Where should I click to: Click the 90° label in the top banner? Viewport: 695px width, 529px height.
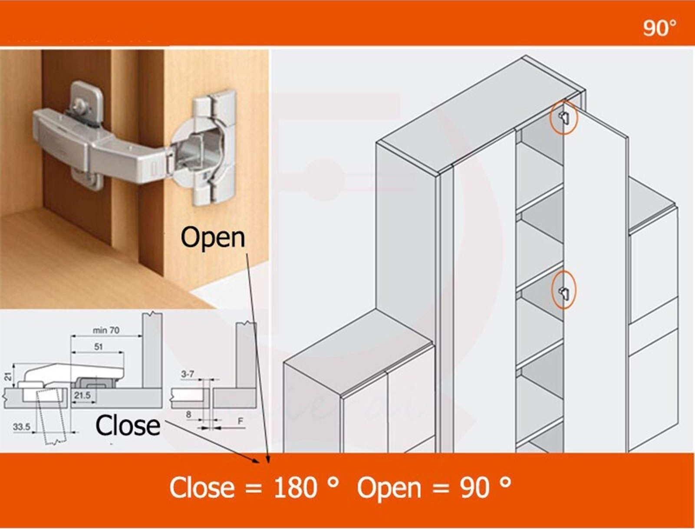coord(659,28)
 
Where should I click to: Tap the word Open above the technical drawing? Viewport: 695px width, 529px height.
coord(213,238)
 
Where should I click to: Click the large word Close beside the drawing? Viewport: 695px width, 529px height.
coord(128,425)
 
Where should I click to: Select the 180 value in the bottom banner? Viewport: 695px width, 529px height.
coord(295,487)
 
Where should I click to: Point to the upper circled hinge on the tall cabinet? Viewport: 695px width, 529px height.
coord(563,117)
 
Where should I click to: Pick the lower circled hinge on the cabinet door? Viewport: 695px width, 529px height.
coord(564,290)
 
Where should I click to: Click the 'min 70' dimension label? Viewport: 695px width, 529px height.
coord(106,330)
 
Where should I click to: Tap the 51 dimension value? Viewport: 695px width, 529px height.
coord(98,346)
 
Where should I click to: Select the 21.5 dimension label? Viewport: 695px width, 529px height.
coord(82,395)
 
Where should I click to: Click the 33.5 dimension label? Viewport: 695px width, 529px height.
coord(21,427)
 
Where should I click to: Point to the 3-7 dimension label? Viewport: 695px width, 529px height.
coord(188,374)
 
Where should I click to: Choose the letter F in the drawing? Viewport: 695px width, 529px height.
coord(240,421)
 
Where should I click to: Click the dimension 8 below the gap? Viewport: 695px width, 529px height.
coord(188,415)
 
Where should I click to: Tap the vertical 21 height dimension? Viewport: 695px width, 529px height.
coord(8,376)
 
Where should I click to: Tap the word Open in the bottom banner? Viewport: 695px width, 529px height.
coord(389,487)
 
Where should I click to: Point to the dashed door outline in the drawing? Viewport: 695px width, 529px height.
coord(52,417)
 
